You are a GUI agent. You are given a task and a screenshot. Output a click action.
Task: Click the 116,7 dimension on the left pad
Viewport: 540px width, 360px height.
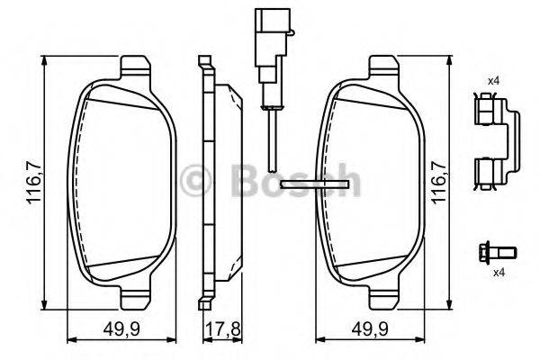[x=34, y=184]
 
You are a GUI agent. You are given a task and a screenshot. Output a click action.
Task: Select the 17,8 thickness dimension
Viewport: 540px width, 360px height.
[x=223, y=329]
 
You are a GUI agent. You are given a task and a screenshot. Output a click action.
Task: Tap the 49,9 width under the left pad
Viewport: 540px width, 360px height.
[x=121, y=329]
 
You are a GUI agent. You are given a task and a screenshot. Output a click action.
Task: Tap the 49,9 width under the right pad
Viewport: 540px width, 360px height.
[x=370, y=329]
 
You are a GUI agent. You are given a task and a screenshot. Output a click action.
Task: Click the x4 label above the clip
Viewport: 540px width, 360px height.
[x=493, y=81]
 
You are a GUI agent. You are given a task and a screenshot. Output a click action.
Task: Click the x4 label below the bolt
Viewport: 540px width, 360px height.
[x=499, y=274]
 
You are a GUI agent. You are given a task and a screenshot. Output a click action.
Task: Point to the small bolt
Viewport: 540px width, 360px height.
[x=498, y=253]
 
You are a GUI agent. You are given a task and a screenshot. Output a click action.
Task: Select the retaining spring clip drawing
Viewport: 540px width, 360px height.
[x=496, y=141]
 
